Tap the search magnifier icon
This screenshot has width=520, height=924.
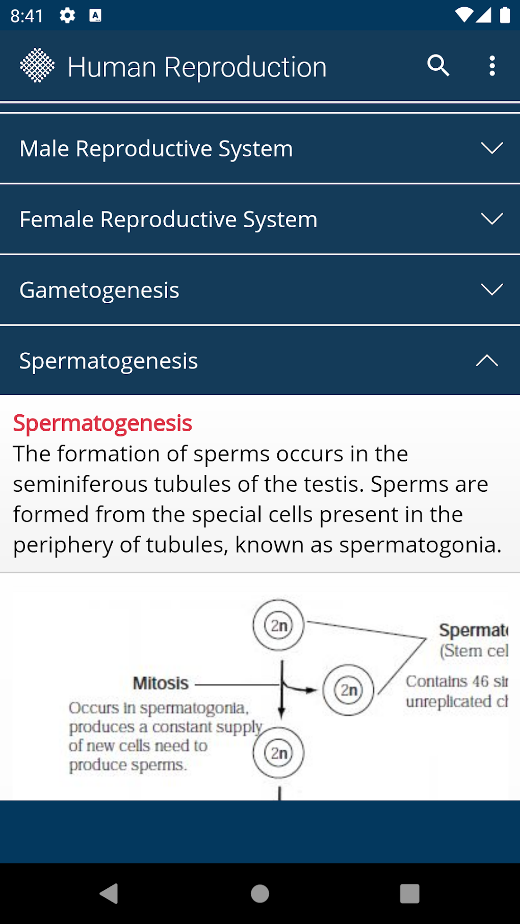pos(438,66)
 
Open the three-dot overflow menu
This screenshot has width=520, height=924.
pos(492,66)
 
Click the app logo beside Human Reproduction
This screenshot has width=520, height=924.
pos(37,66)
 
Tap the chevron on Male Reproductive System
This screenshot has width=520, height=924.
pos(491,148)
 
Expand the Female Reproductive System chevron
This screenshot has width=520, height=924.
pos(491,219)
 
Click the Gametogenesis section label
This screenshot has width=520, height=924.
pos(99,290)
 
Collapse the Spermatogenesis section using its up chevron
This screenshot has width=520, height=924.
pos(487,361)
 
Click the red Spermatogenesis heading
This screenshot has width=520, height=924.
pos(102,423)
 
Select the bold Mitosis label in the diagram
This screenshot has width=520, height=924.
pos(161,683)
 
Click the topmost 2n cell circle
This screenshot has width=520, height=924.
pos(278,625)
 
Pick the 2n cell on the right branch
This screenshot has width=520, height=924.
pos(348,690)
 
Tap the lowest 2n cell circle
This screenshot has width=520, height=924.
pos(278,753)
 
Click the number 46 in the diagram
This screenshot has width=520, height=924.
pos(481,681)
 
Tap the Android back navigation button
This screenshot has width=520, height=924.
pos(109,893)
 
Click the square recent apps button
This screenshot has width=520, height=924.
pos(409,893)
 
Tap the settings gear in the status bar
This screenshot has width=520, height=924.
pos(67,16)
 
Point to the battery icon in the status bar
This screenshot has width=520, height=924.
pos(505,15)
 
